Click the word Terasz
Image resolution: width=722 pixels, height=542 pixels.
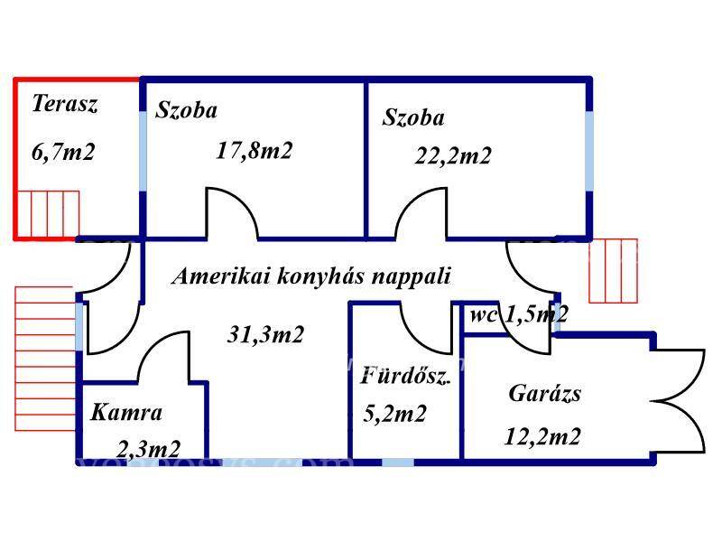64,104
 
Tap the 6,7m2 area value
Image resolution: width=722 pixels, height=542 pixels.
63,152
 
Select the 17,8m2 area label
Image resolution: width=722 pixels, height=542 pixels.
254,150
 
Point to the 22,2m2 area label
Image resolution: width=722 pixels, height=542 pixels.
453,155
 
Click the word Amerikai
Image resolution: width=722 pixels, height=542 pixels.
221,276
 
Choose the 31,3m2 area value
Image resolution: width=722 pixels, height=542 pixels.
265,334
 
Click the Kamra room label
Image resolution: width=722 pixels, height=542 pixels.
126,412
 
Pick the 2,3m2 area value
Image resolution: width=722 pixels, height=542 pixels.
148,449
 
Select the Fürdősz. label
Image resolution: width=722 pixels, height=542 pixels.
405,375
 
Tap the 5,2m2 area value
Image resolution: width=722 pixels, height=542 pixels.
394,414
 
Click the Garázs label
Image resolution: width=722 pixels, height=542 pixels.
544,394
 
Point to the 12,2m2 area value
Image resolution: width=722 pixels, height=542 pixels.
542,436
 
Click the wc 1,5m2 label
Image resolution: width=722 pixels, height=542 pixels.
519,314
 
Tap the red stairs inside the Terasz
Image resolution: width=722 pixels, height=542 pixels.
48,214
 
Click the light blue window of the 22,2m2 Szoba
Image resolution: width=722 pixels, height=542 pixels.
589,151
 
